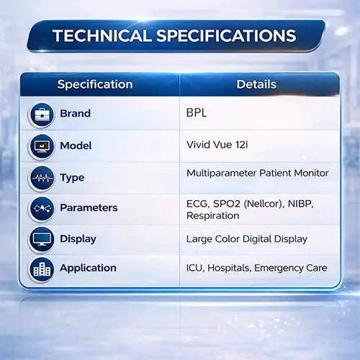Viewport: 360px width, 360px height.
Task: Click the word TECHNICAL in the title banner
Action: tap(102, 36)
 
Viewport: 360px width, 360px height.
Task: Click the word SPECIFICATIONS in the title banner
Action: tap(226, 36)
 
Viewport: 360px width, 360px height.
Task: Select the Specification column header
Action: tap(95, 85)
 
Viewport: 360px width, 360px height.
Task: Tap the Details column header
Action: tap(256, 84)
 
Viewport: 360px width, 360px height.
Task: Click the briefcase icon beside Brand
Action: tap(42, 114)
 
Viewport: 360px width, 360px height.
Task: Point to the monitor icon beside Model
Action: tap(42, 146)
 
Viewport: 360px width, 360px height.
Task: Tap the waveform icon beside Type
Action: tap(42, 178)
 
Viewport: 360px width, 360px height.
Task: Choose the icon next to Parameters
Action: tap(42, 208)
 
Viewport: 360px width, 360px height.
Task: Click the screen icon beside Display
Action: tap(42, 239)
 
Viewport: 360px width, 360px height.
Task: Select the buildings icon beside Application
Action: tap(42, 269)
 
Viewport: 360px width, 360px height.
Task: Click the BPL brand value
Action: tap(197, 112)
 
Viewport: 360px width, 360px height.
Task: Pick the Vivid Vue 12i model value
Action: tap(217, 145)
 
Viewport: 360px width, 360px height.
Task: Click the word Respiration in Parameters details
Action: tap(213, 215)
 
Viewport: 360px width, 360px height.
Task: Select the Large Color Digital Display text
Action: tap(247, 239)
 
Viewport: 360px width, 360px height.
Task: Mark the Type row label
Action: tap(72, 178)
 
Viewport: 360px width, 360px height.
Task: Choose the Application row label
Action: tap(88, 269)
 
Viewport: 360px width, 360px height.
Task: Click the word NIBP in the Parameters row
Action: tap(301, 204)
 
